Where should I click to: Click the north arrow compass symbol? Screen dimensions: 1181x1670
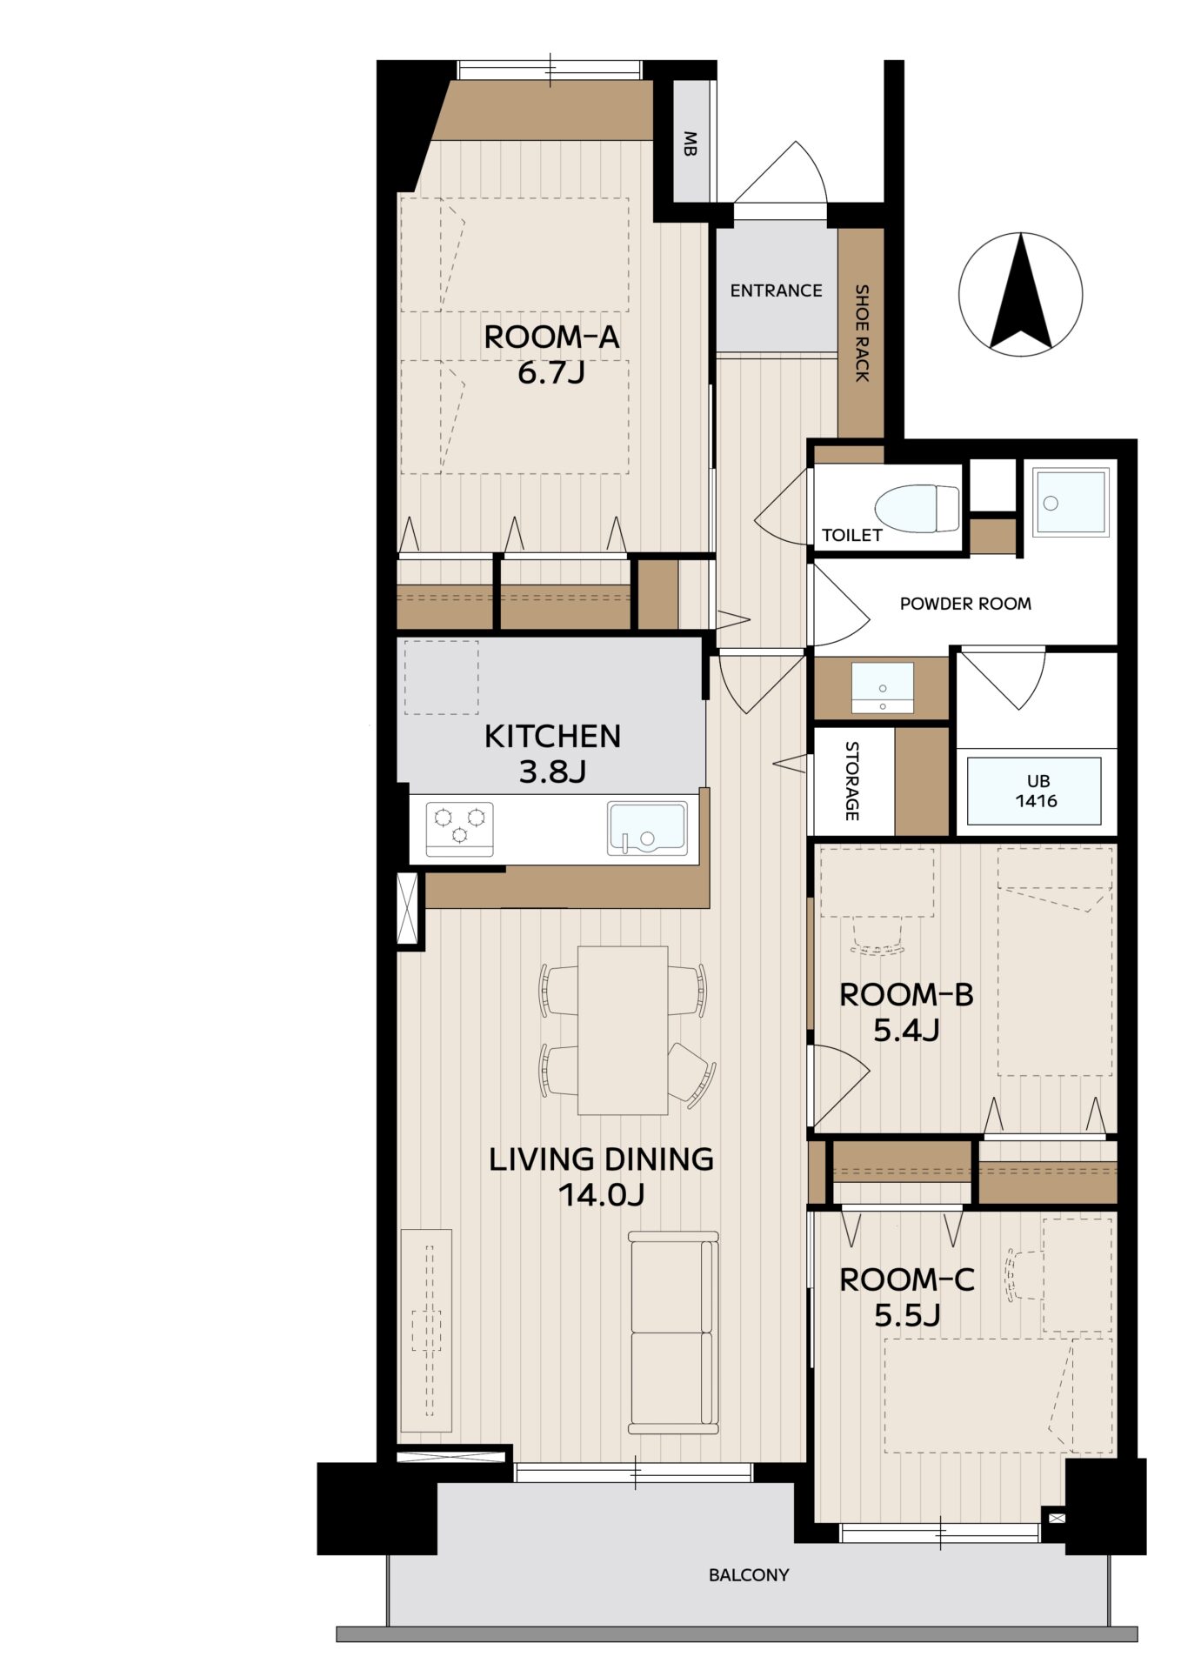click(1020, 294)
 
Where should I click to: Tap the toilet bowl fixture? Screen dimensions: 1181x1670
click(916, 508)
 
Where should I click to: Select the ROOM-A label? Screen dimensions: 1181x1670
click(551, 337)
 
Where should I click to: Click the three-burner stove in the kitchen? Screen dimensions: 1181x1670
click(459, 829)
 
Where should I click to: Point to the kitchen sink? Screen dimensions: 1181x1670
click(647, 829)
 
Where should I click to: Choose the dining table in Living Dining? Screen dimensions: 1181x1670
click(623, 1030)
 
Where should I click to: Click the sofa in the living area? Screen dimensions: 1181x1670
click(674, 1333)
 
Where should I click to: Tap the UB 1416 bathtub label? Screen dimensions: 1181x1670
click(1037, 791)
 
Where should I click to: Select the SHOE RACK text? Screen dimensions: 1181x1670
click(862, 332)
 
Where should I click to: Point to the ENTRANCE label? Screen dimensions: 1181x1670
click(776, 291)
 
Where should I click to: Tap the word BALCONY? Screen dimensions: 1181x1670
click(749, 1574)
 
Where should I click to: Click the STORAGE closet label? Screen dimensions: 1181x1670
click(852, 780)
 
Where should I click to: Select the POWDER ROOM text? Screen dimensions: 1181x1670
click(965, 604)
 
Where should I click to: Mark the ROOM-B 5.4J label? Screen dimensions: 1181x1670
click(906, 1012)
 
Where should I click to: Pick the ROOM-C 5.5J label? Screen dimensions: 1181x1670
click(907, 1298)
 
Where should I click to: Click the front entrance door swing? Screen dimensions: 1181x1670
click(780, 172)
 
